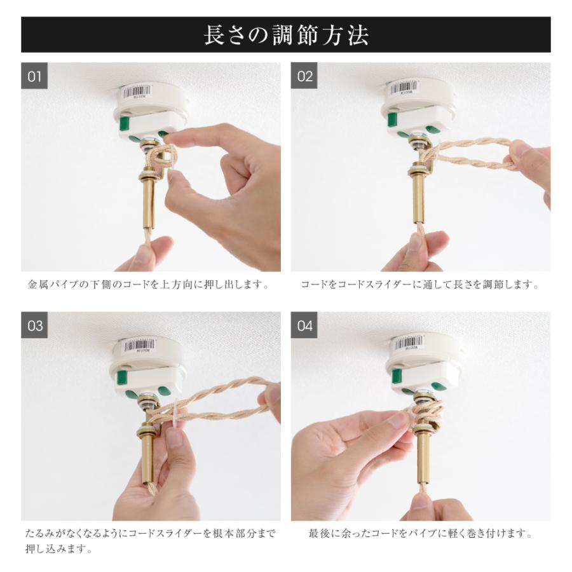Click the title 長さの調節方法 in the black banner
(x=285, y=35)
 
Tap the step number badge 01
(x=35, y=77)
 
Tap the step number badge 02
(x=305, y=77)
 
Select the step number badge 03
(x=35, y=326)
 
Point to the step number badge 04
(x=305, y=326)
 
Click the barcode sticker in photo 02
(x=409, y=88)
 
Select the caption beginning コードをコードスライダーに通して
(x=419, y=285)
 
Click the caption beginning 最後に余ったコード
(x=419, y=534)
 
